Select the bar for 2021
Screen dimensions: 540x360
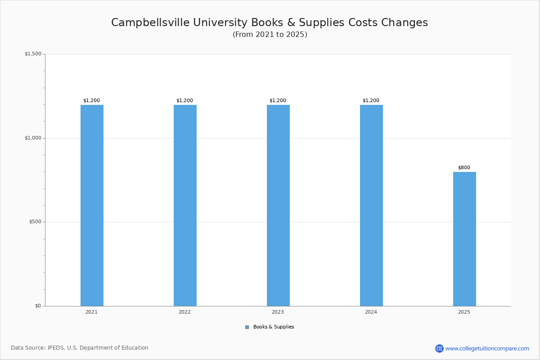(x=92, y=206)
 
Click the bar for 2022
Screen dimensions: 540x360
(x=185, y=206)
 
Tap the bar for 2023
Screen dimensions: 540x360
(x=278, y=206)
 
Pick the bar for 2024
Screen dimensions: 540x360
(x=371, y=206)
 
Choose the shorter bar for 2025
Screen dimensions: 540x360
(x=464, y=239)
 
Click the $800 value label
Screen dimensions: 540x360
(x=464, y=167)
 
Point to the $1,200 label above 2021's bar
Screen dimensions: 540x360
(x=92, y=100)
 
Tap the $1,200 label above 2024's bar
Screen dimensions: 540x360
(x=371, y=100)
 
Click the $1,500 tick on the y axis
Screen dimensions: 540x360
(x=33, y=54)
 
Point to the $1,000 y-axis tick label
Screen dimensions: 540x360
(x=33, y=138)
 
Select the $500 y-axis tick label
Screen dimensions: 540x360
(x=36, y=222)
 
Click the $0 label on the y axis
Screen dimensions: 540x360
(x=38, y=306)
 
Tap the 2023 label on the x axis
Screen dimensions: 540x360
(x=278, y=312)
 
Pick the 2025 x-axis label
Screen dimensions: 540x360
(x=464, y=312)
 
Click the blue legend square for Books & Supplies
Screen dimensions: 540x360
(x=247, y=327)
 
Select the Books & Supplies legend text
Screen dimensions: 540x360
(x=274, y=327)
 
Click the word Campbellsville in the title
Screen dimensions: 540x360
(x=150, y=22)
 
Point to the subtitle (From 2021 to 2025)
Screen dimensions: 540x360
(x=270, y=35)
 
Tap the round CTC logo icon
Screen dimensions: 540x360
(x=439, y=348)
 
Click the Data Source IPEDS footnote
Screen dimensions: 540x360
(x=80, y=348)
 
